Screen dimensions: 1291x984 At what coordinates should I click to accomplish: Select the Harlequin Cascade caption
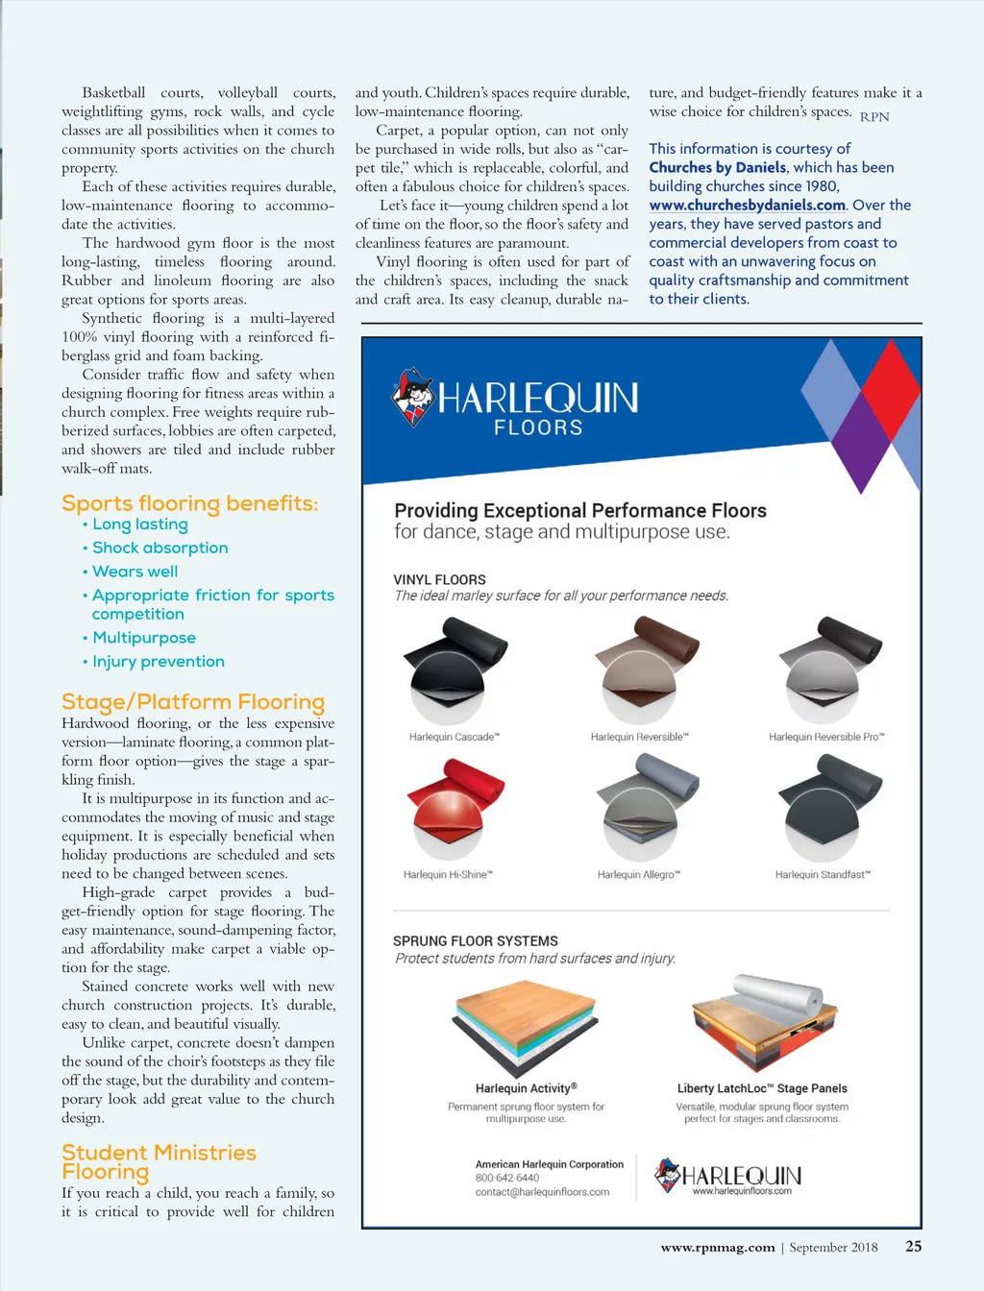[x=454, y=738]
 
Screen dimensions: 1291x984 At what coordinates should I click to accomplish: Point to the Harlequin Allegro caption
[x=638, y=875]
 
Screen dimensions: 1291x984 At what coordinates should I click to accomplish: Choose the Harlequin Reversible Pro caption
[x=826, y=738]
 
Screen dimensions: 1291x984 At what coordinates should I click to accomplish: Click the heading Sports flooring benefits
[x=189, y=503]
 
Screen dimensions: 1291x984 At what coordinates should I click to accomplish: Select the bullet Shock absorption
[x=160, y=548]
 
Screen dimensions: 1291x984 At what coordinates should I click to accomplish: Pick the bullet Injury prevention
[x=158, y=662]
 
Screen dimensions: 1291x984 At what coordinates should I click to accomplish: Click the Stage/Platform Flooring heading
[x=193, y=702]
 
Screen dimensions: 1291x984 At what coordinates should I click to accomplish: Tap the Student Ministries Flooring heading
[x=159, y=1162]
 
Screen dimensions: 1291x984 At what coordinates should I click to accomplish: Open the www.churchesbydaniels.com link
[x=747, y=206]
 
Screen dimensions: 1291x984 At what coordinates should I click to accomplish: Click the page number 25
[x=913, y=1246]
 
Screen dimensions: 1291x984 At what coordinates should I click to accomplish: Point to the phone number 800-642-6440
[x=507, y=1178]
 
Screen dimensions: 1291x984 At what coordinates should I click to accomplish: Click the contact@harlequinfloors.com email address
[x=542, y=1192]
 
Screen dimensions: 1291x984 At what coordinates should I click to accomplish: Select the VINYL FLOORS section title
[x=439, y=580]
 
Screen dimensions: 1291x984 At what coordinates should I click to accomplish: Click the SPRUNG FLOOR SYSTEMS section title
[x=475, y=941]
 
